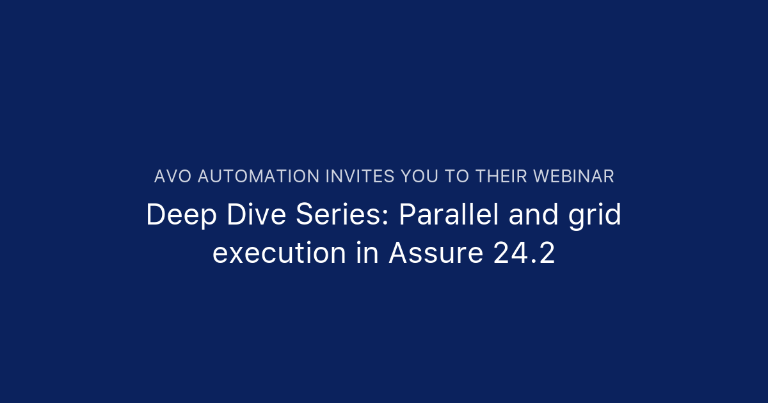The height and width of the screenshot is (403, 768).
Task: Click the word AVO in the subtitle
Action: click(x=173, y=177)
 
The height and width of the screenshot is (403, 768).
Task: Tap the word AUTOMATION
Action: click(x=259, y=177)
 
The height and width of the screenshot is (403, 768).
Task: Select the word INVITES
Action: click(x=360, y=177)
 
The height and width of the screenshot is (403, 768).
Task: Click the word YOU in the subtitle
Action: click(x=420, y=177)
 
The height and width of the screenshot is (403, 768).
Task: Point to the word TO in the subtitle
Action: click(x=457, y=177)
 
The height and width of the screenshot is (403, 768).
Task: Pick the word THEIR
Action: click(x=501, y=177)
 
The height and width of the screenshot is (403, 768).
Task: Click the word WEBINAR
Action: click(x=573, y=177)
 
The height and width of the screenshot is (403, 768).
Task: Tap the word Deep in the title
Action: click(x=182, y=215)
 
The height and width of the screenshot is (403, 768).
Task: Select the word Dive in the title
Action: click(x=257, y=214)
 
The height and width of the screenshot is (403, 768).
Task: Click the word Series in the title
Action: click(x=338, y=214)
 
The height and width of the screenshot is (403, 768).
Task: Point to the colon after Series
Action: click(x=385, y=217)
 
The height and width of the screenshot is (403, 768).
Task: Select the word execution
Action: click(x=279, y=253)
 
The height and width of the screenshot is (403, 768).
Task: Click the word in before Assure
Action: click(x=367, y=253)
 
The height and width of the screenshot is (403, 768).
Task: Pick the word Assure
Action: click(x=436, y=253)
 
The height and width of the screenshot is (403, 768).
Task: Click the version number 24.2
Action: click(x=524, y=253)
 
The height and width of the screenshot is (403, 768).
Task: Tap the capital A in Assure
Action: click(x=399, y=253)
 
